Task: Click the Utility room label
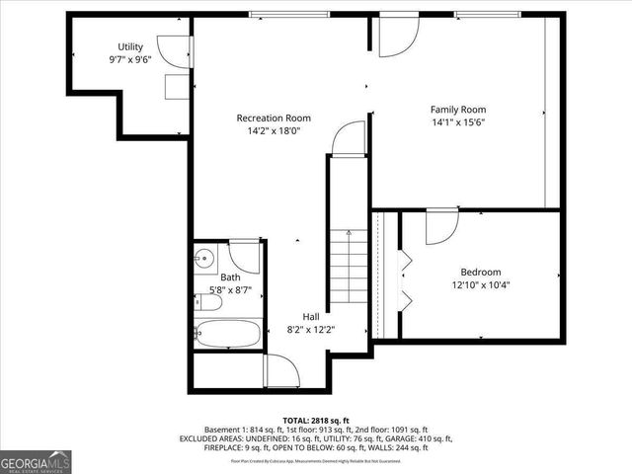130,46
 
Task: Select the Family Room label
458,110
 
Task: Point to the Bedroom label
481,273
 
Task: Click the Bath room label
229,277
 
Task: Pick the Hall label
311,316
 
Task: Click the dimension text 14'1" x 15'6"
458,122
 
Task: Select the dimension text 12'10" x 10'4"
481,286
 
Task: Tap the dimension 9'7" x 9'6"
130,59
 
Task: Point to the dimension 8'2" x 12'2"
311,329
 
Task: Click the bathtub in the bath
228,334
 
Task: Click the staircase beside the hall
349,267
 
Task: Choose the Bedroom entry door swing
439,227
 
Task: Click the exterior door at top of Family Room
398,34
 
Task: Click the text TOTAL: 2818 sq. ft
315,419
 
